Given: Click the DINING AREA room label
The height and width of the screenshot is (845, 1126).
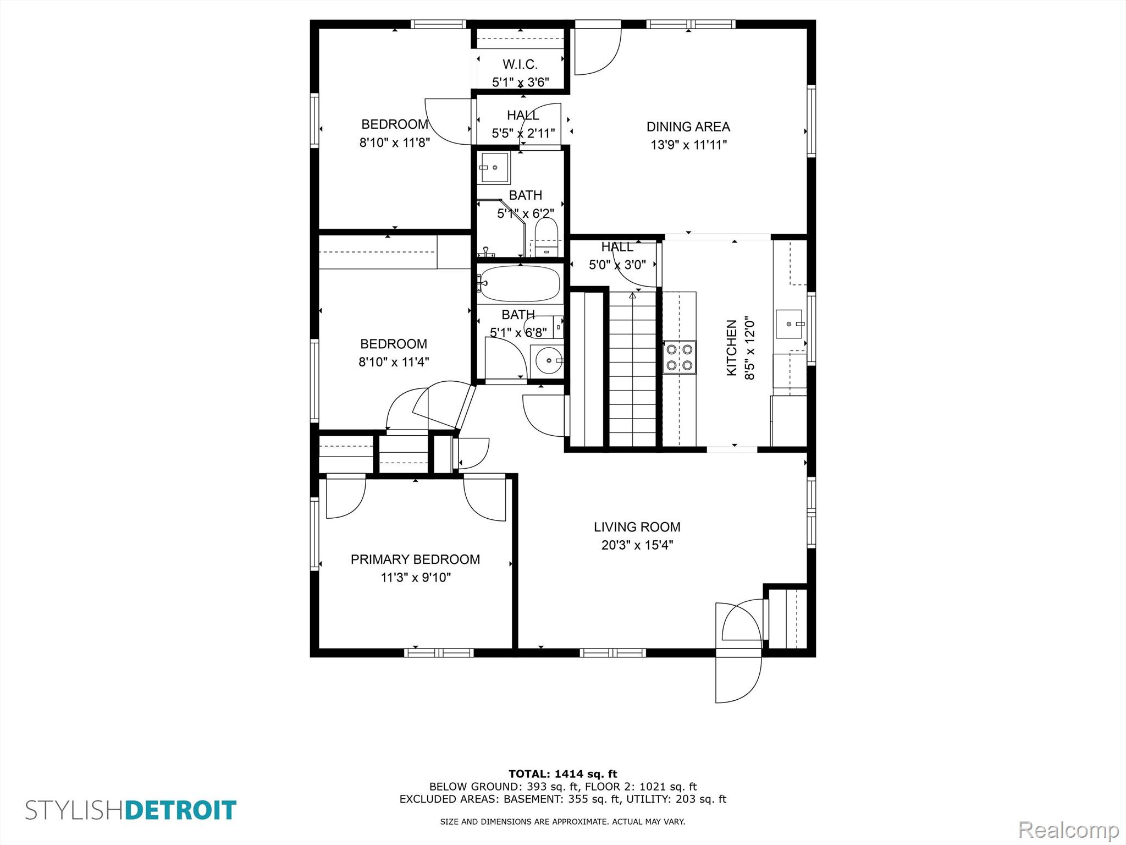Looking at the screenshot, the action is (x=688, y=127).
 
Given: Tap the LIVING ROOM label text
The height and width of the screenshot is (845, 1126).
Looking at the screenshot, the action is (x=637, y=527).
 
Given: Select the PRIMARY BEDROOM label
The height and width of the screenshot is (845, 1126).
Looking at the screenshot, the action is (x=415, y=559).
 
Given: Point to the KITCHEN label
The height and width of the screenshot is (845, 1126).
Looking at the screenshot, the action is (x=732, y=348).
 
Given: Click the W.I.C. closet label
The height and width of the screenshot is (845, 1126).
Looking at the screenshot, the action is (x=520, y=64).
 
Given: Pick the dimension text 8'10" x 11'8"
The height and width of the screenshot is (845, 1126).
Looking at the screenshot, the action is (x=394, y=142).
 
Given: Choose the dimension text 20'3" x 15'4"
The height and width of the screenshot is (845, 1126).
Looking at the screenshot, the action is (x=637, y=545).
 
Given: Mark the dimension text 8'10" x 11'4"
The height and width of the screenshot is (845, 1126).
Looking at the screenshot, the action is (x=394, y=362).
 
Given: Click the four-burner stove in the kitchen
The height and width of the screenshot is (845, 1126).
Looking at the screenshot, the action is (x=680, y=357).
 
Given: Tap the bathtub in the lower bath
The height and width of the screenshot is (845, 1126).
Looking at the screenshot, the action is (x=518, y=283).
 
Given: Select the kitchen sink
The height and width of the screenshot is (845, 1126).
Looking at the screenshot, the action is (x=790, y=323).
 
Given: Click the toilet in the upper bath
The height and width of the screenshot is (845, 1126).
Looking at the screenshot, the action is (x=547, y=237).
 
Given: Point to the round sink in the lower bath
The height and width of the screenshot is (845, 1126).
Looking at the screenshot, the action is (x=547, y=361).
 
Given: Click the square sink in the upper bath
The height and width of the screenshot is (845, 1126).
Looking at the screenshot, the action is (x=494, y=167).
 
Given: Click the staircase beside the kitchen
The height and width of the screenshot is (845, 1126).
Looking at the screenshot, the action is (x=633, y=369).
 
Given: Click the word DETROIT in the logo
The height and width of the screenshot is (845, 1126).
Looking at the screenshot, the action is (x=181, y=810).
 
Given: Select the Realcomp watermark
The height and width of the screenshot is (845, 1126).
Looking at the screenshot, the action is (x=1068, y=829).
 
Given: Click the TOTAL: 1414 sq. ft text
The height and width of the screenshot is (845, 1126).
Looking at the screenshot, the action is (x=563, y=774).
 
